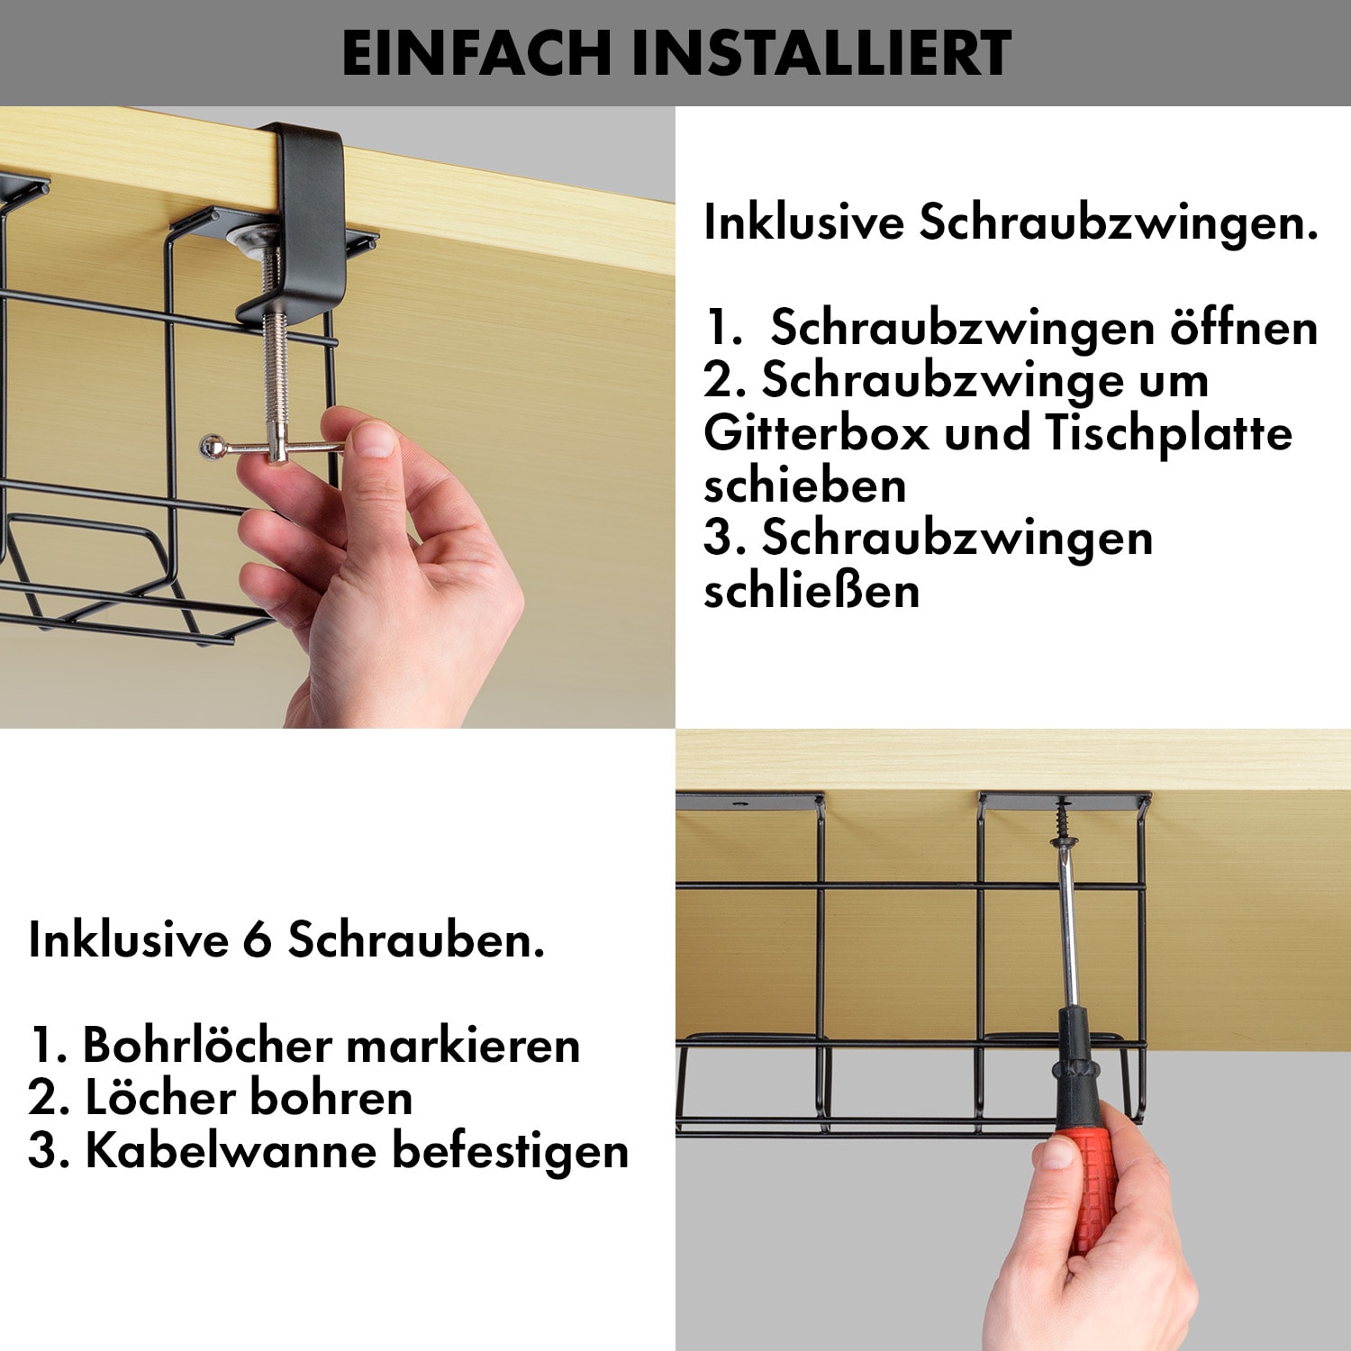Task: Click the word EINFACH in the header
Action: (x=476, y=53)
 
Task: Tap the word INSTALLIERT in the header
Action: (x=821, y=53)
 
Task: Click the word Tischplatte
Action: (x=1169, y=433)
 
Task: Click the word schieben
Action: (x=805, y=485)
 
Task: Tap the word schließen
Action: (x=812, y=592)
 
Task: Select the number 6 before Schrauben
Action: (x=257, y=942)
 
